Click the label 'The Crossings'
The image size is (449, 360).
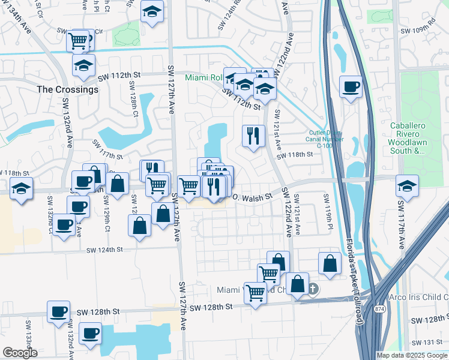[67, 89]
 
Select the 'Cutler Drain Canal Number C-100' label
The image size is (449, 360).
[326, 139]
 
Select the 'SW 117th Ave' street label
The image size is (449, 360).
[401, 226]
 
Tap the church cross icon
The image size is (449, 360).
[312, 290]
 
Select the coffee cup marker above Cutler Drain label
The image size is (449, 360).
[351, 87]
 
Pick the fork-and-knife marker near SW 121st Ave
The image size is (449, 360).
[253, 135]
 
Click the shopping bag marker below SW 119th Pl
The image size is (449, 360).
[330, 263]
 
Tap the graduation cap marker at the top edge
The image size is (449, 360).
[152, 11]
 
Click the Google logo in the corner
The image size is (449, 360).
[20, 353]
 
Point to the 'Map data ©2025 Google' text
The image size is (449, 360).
[411, 355]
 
